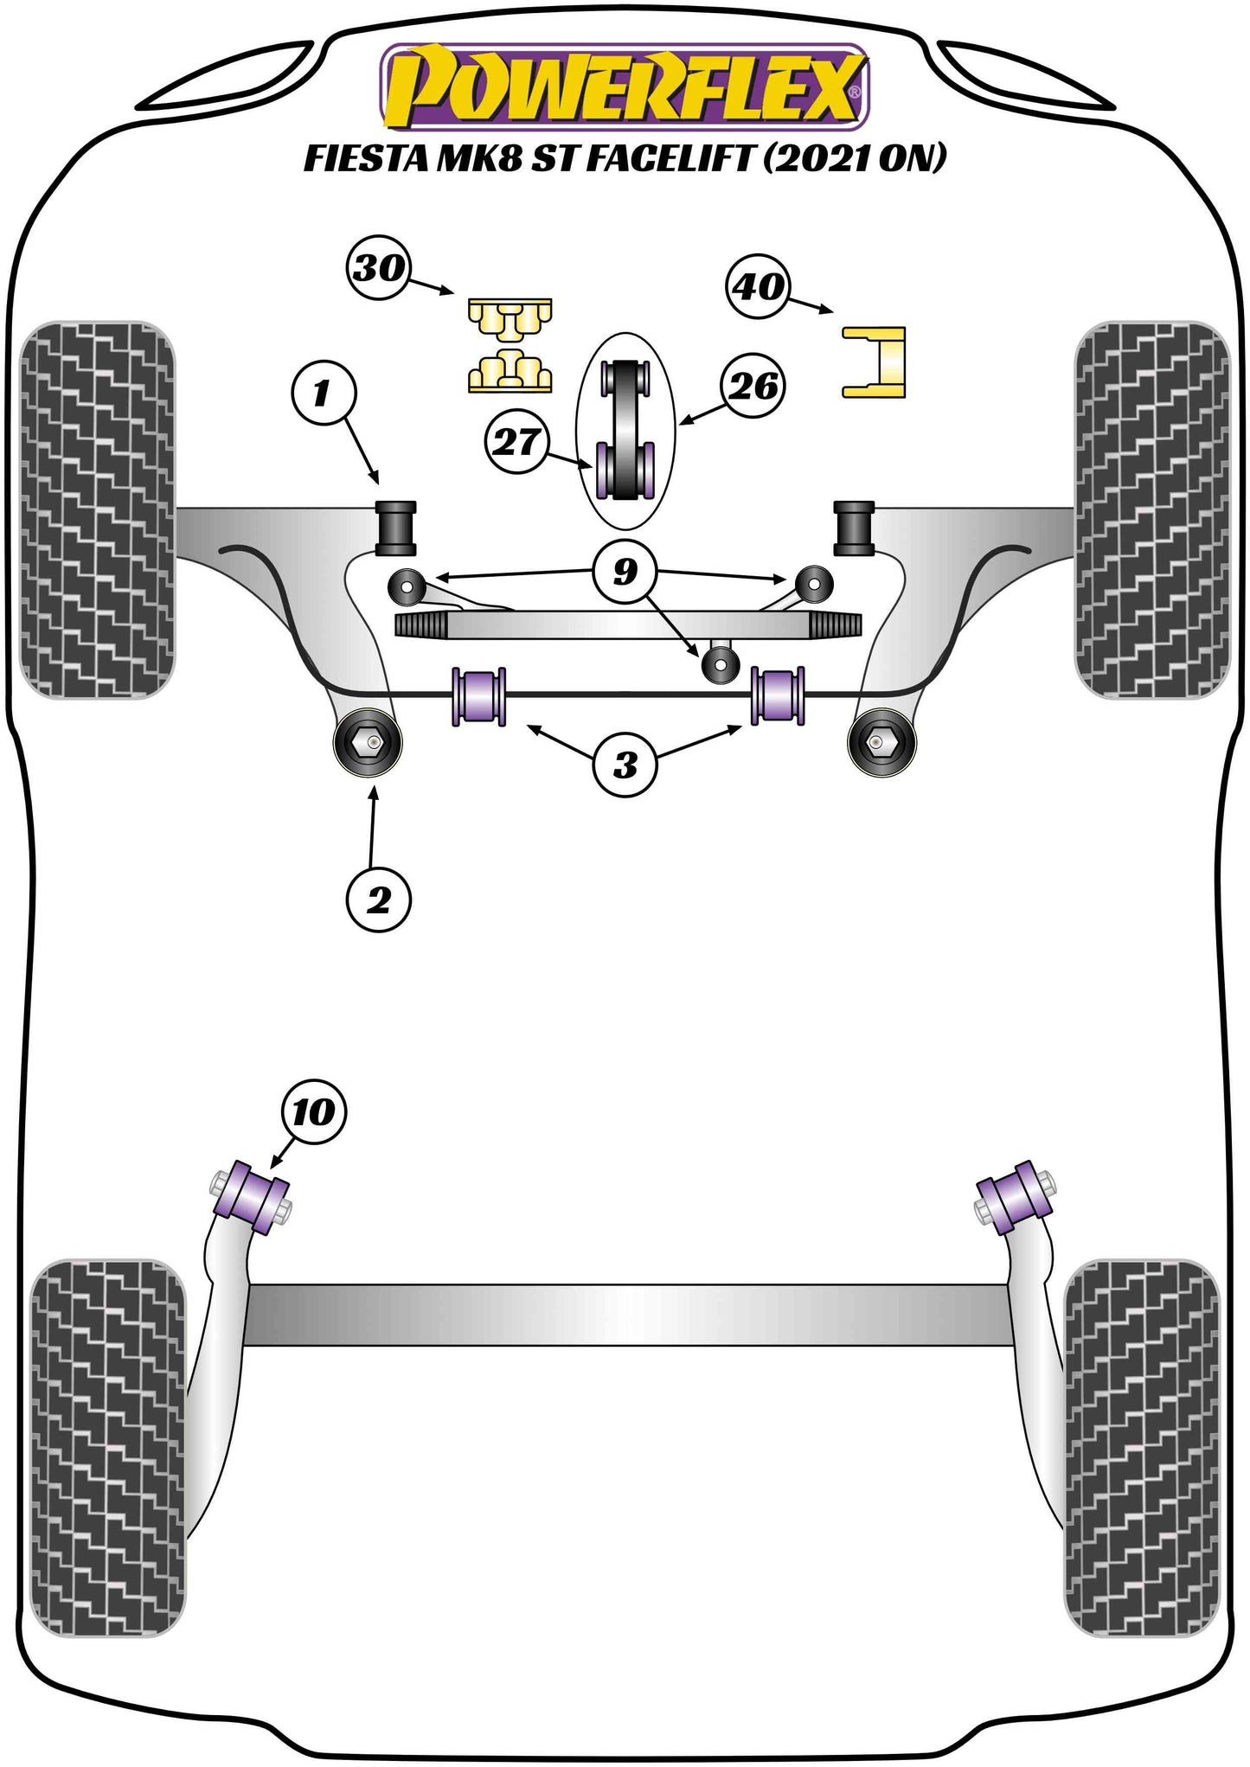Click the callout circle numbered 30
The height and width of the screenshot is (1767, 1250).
pyautogui.click(x=379, y=269)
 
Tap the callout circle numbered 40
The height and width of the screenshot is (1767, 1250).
pyautogui.click(x=759, y=286)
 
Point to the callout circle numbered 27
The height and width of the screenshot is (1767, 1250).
pyautogui.click(x=516, y=443)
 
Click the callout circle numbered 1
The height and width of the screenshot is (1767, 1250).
pyautogui.click(x=323, y=394)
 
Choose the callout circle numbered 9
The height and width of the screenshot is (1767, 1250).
pyautogui.click(x=625, y=572)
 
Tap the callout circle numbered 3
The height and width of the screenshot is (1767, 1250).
pyautogui.click(x=625, y=765)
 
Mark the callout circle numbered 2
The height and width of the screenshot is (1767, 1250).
pyautogui.click(x=378, y=901)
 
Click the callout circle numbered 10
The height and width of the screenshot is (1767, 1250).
pyautogui.click(x=312, y=1111)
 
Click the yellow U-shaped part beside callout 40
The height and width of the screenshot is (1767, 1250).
pyautogui.click(x=875, y=362)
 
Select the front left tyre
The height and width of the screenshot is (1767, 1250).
pyautogui.click(x=96, y=510)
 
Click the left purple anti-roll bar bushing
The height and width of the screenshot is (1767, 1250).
pyautogui.click(x=478, y=696)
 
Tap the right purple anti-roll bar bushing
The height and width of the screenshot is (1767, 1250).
pyautogui.click(x=778, y=696)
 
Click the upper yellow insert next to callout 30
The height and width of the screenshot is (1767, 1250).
pyautogui.click(x=510, y=319)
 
